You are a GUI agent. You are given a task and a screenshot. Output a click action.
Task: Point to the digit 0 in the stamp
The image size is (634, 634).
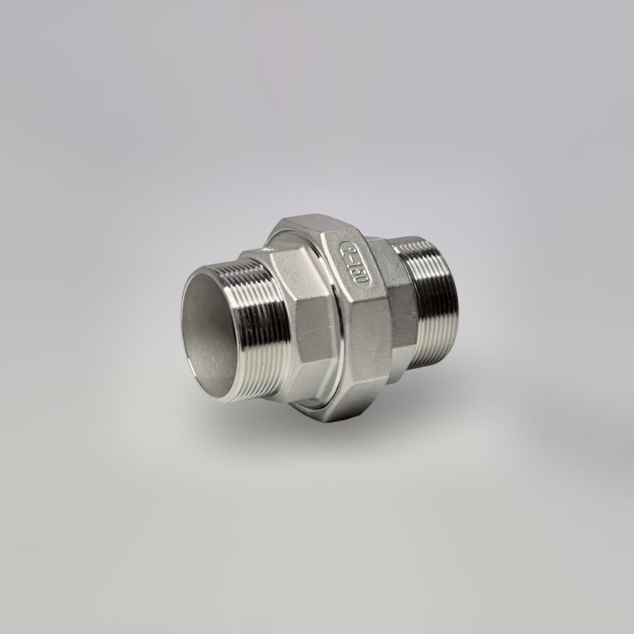[359, 281]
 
